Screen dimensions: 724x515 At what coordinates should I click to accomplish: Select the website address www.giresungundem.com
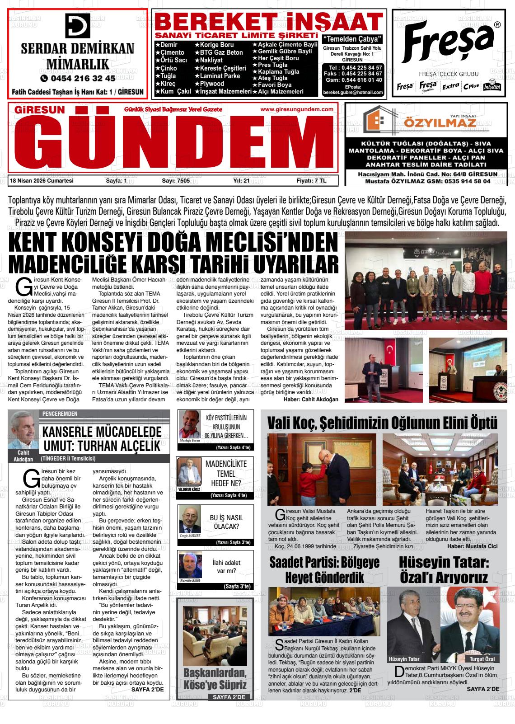coord(297,109)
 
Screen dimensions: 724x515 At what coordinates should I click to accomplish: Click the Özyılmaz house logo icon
coord(377,119)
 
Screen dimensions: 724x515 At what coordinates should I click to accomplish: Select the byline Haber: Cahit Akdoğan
coord(311,400)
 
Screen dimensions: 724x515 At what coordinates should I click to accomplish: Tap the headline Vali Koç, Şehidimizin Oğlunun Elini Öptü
coord(382,423)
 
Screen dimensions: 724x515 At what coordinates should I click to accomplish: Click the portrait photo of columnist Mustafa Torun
coord(189,424)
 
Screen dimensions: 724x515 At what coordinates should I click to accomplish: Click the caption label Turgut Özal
coord(483,659)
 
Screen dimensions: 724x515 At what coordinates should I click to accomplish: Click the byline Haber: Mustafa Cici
coord(473,546)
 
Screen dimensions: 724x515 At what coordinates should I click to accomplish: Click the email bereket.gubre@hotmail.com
coord(353,92)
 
